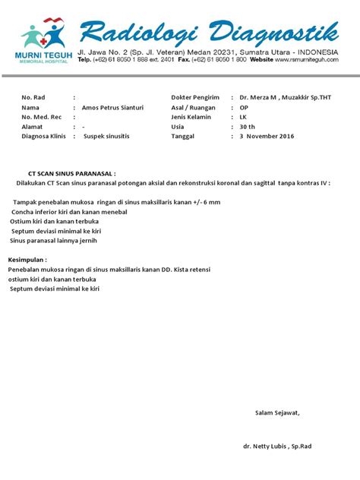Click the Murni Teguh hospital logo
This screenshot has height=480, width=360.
[41, 42]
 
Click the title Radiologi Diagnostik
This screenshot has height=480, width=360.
[209, 31]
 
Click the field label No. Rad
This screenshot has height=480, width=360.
[34, 98]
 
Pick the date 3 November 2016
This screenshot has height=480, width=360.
[267, 137]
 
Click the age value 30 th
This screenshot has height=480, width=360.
[248, 127]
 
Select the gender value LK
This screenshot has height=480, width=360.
[243, 117]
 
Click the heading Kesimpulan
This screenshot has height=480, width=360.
[27, 260]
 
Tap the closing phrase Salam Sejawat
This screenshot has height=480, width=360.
[277, 412]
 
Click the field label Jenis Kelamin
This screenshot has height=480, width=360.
[193, 117]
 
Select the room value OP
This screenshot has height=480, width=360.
[244, 108]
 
